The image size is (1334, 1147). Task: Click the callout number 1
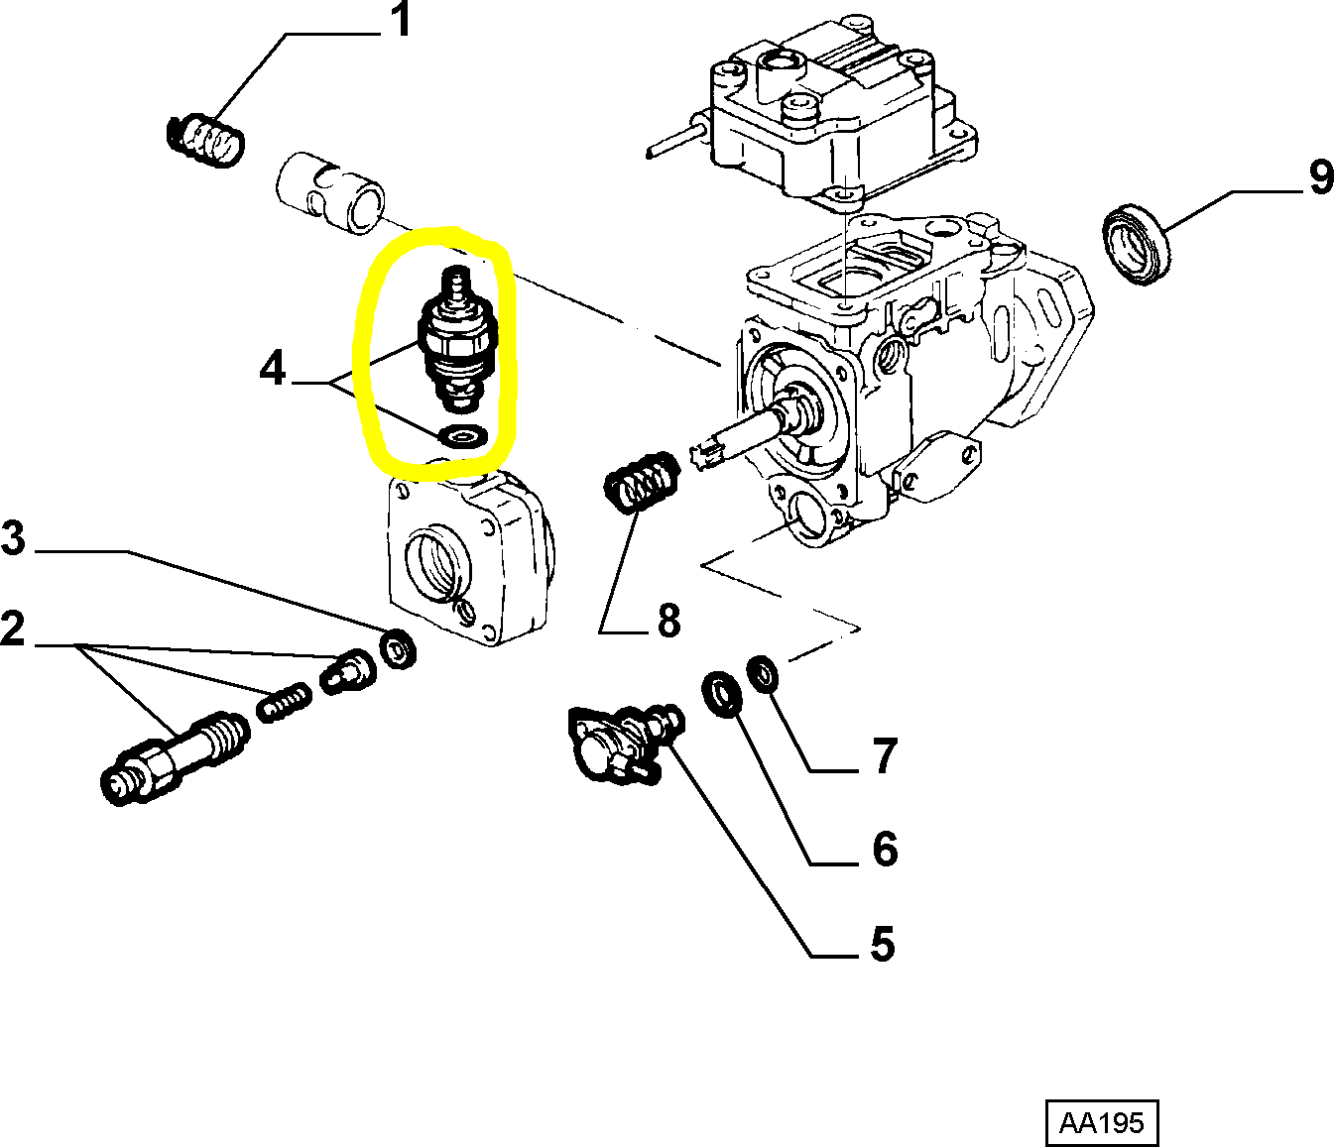[x=400, y=21]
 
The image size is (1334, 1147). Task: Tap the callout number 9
[x=1320, y=177]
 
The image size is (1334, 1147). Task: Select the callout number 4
[x=273, y=369]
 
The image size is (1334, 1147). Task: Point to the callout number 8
[x=669, y=621]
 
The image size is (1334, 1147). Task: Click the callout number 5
[x=883, y=945]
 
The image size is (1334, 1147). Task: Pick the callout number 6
[x=885, y=850]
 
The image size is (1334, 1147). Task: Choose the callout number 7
[x=885, y=756]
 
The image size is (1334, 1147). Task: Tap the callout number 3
[x=13, y=539]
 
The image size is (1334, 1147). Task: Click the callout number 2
[x=13, y=630]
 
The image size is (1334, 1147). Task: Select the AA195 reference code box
[x=1101, y=1122]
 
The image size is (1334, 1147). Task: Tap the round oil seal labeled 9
[x=1137, y=243]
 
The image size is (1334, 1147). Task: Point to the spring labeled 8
[x=640, y=482]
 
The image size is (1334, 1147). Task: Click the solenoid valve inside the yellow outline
[x=455, y=342]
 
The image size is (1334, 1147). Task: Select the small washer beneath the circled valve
[x=462, y=435]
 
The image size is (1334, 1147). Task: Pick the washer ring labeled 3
[x=399, y=649]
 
